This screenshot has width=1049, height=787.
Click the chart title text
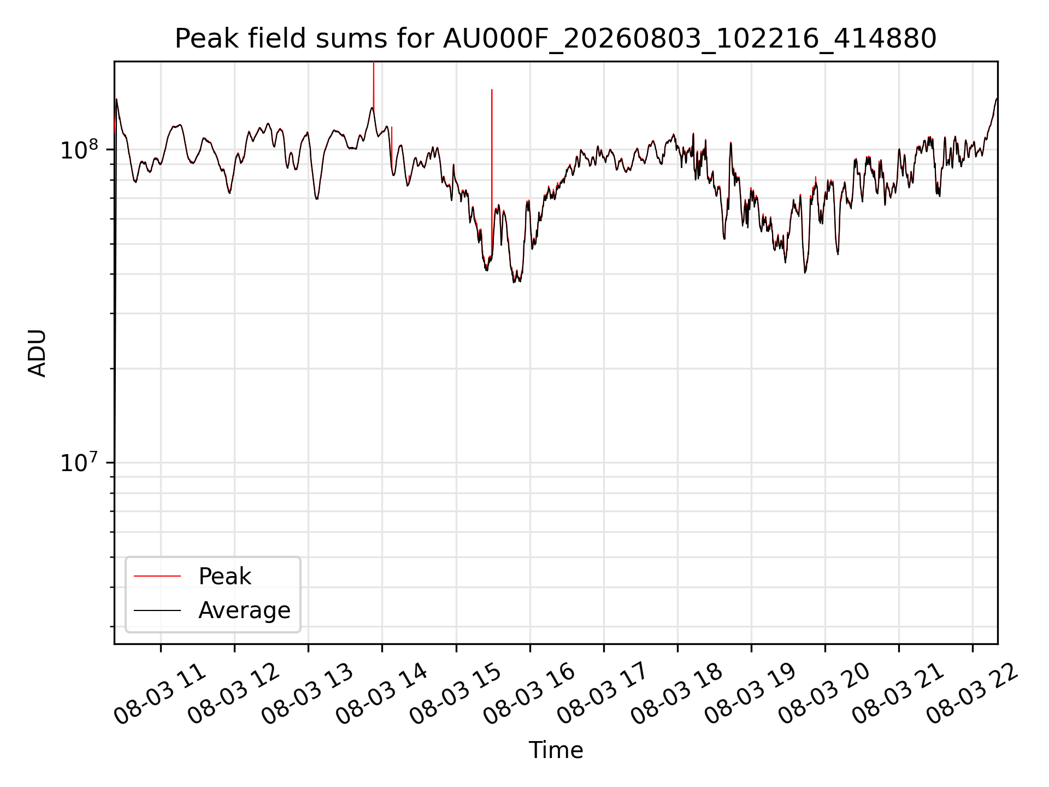click(556, 39)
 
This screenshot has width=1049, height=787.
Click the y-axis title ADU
click(37, 353)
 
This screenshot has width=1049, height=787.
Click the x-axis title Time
click(556, 750)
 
